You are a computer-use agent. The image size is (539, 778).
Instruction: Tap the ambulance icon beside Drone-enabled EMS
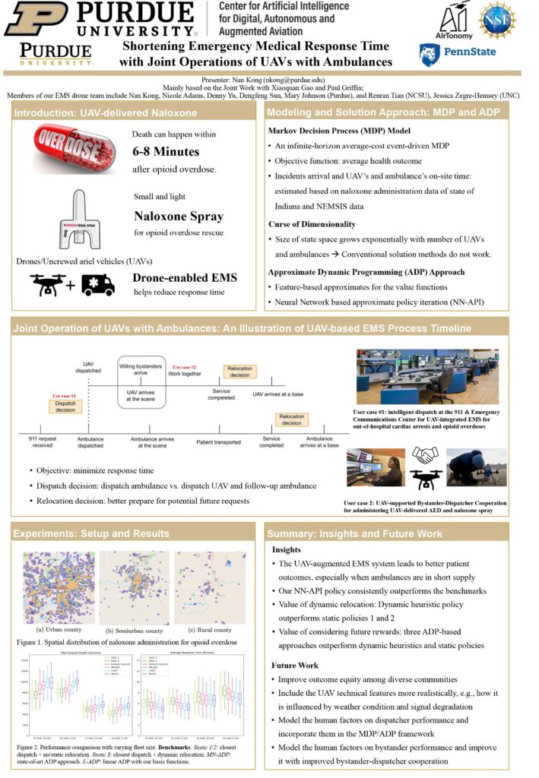[98, 285]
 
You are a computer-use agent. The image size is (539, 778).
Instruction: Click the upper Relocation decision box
[240, 371]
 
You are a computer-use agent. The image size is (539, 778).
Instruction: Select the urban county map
[59, 587]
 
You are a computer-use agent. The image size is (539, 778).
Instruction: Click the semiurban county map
[134, 587]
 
